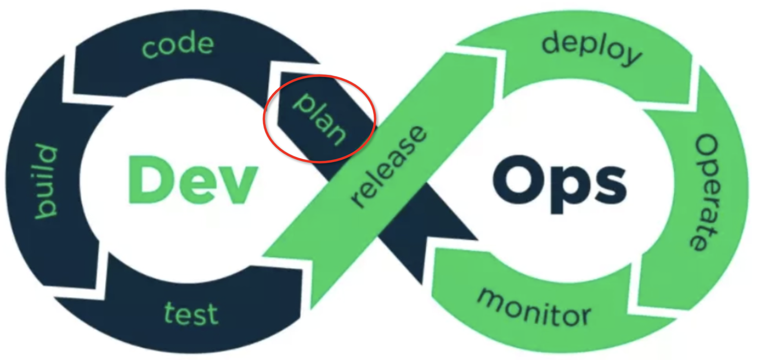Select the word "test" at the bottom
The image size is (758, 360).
191,314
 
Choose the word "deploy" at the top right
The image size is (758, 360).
592,49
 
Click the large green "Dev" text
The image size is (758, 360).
192,180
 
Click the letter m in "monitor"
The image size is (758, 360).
492,299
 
